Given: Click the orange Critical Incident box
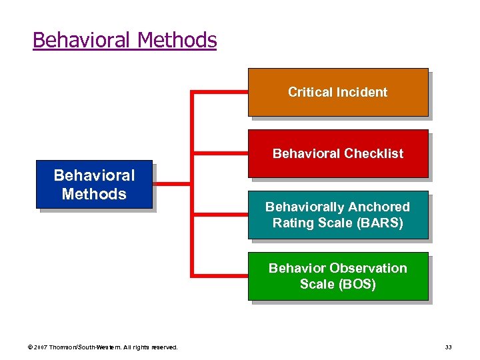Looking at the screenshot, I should (x=338, y=92).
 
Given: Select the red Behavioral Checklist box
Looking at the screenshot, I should (x=338, y=153).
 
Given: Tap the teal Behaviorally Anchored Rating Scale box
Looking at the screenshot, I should (x=338, y=215).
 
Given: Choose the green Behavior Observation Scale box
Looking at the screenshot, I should (x=338, y=276).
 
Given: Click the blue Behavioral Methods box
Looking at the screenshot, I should (x=94, y=185).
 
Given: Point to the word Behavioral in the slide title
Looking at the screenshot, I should (x=82, y=41).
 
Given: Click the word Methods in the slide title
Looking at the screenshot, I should (x=177, y=41).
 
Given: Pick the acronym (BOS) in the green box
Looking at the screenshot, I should (x=358, y=285).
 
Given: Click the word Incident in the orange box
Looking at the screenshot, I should (x=363, y=92).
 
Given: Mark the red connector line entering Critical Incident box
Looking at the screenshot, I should (x=220, y=93).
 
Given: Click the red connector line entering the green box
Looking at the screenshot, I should (x=220, y=274).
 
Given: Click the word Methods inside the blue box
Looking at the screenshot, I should (x=94, y=194).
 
